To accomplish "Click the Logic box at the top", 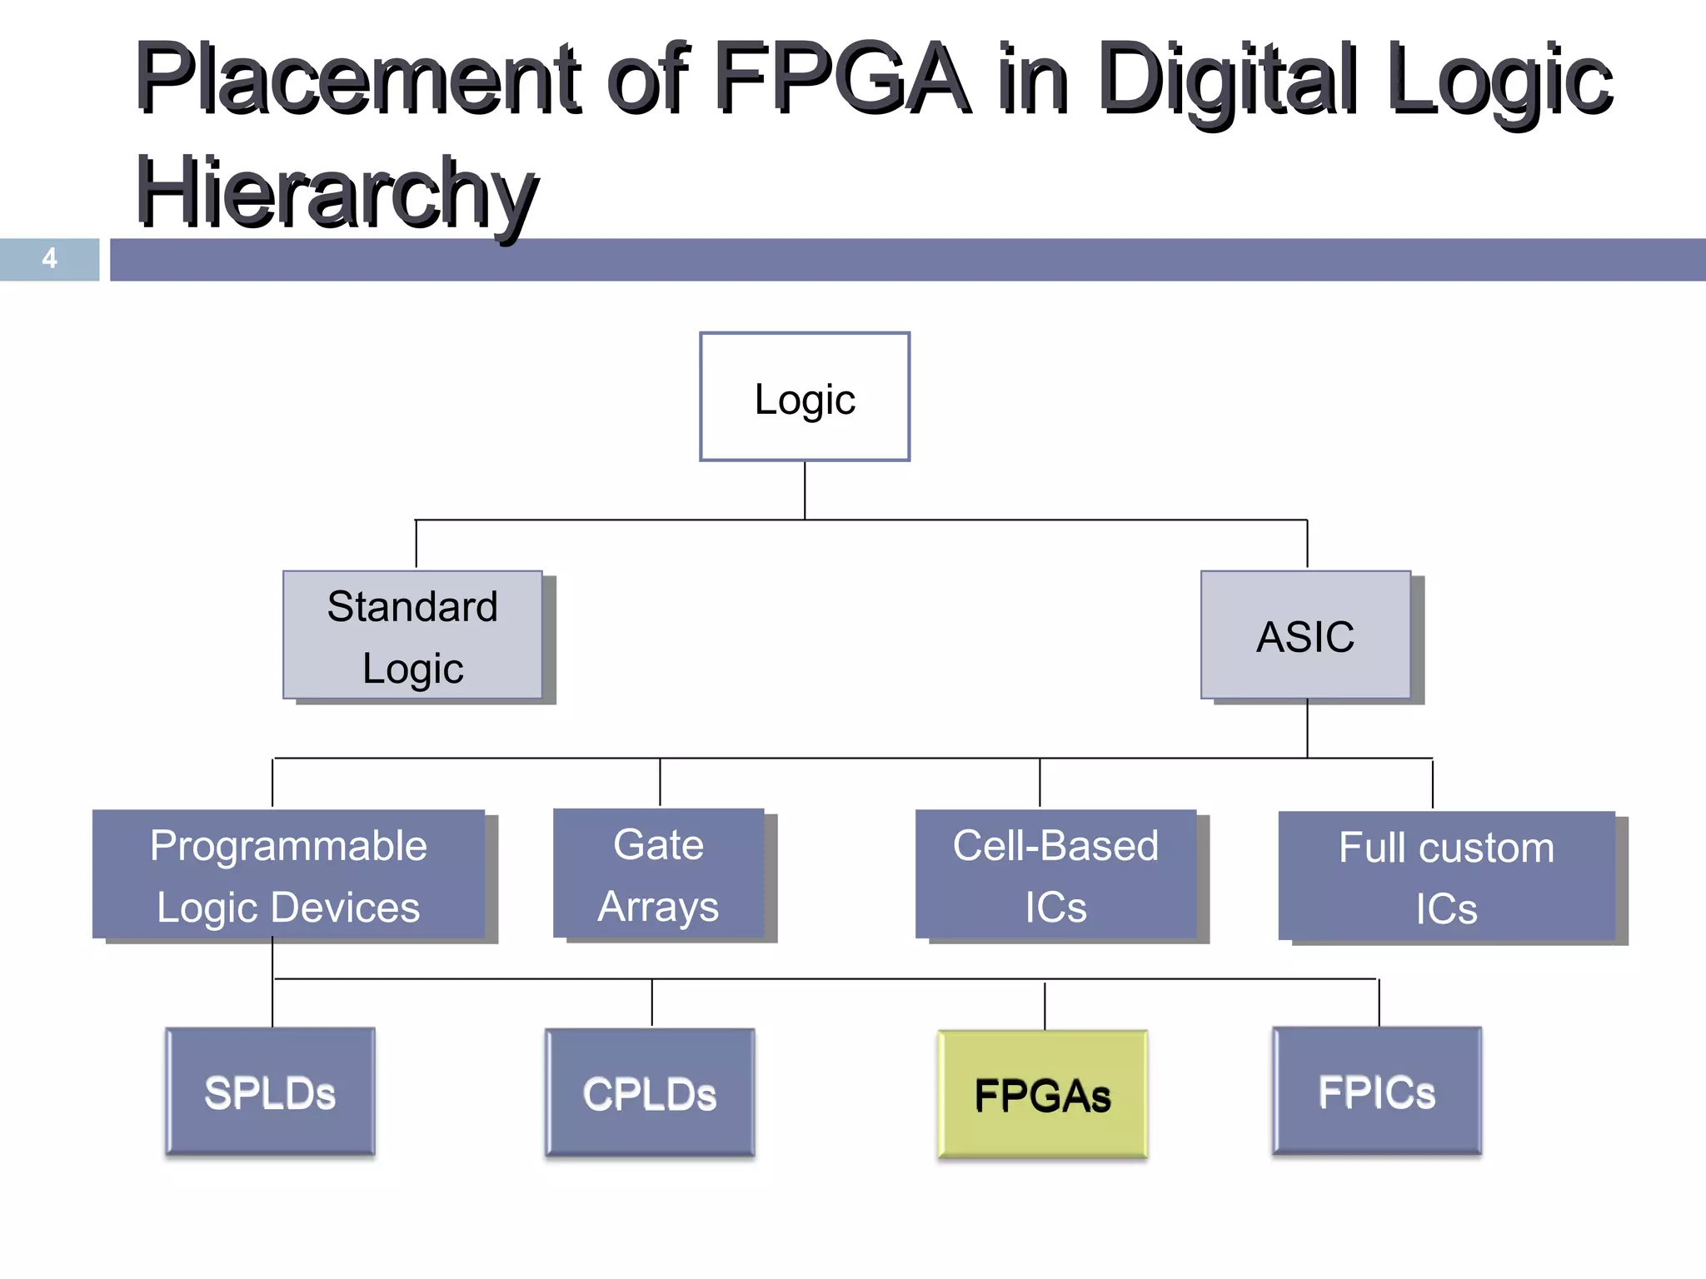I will (x=805, y=397).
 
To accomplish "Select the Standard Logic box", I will (x=413, y=635).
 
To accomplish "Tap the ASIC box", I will (x=1305, y=635).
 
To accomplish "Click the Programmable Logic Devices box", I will (x=289, y=874).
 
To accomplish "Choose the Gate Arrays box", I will (x=659, y=874).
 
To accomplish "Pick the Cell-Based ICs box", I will (x=1055, y=875).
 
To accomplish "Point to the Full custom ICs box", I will (x=1447, y=877).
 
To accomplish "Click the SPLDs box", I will (x=271, y=1092).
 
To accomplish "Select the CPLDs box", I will (x=650, y=1093).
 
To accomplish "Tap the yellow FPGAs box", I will (x=1043, y=1094).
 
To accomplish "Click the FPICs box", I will (x=1377, y=1091).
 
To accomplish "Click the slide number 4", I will (x=50, y=259).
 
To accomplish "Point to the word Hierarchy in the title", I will (x=337, y=193).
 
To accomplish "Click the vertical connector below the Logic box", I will (x=805, y=490).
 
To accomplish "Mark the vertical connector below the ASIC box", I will (x=1307, y=729).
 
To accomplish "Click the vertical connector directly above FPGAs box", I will (x=1045, y=1005).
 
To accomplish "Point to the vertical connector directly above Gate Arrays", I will (x=660, y=782).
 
